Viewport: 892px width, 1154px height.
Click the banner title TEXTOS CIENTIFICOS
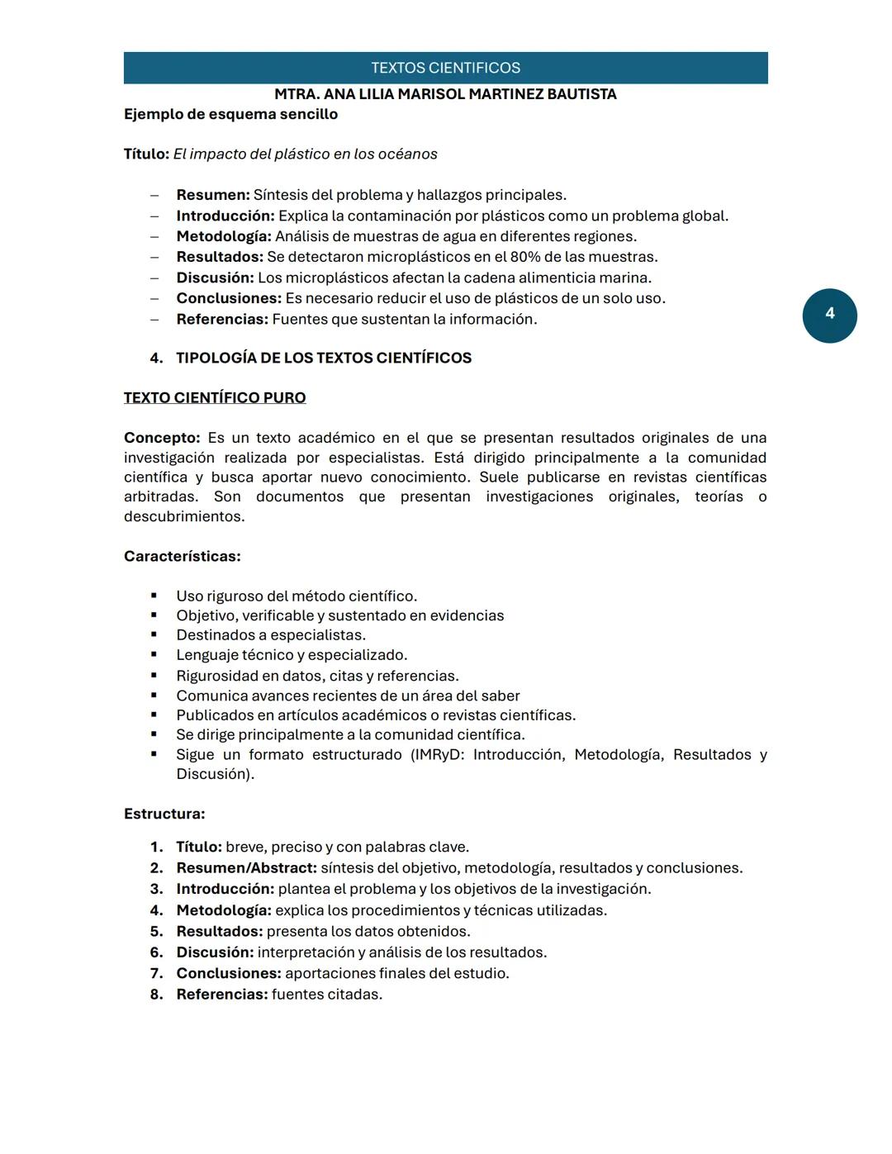[445, 68]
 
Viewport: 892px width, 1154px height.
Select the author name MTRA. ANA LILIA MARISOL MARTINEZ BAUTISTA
[445, 94]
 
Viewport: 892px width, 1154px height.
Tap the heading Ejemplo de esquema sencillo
[230, 114]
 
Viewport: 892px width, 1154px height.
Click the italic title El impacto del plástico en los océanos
[305, 154]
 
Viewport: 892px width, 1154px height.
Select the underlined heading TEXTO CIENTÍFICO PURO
[215, 398]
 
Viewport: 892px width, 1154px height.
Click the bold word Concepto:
[162, 438]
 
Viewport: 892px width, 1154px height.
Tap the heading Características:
[182, 557]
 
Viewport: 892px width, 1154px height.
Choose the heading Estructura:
[164, 814]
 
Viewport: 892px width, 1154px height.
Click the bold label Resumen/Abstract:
[246, 868]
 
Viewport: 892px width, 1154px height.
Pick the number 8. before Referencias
[156, 995]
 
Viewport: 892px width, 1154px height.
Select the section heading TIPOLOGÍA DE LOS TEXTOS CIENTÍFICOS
[324, 359]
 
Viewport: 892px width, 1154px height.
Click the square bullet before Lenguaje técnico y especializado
[154, 656]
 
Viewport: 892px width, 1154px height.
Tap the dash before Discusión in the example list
[154, 278]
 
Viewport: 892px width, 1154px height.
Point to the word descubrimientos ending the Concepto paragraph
[183, 517]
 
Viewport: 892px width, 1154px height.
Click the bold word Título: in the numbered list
[198, 848]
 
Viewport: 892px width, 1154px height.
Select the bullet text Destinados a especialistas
[271, 635]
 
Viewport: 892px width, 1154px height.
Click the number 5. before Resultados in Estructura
[156, 932]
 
